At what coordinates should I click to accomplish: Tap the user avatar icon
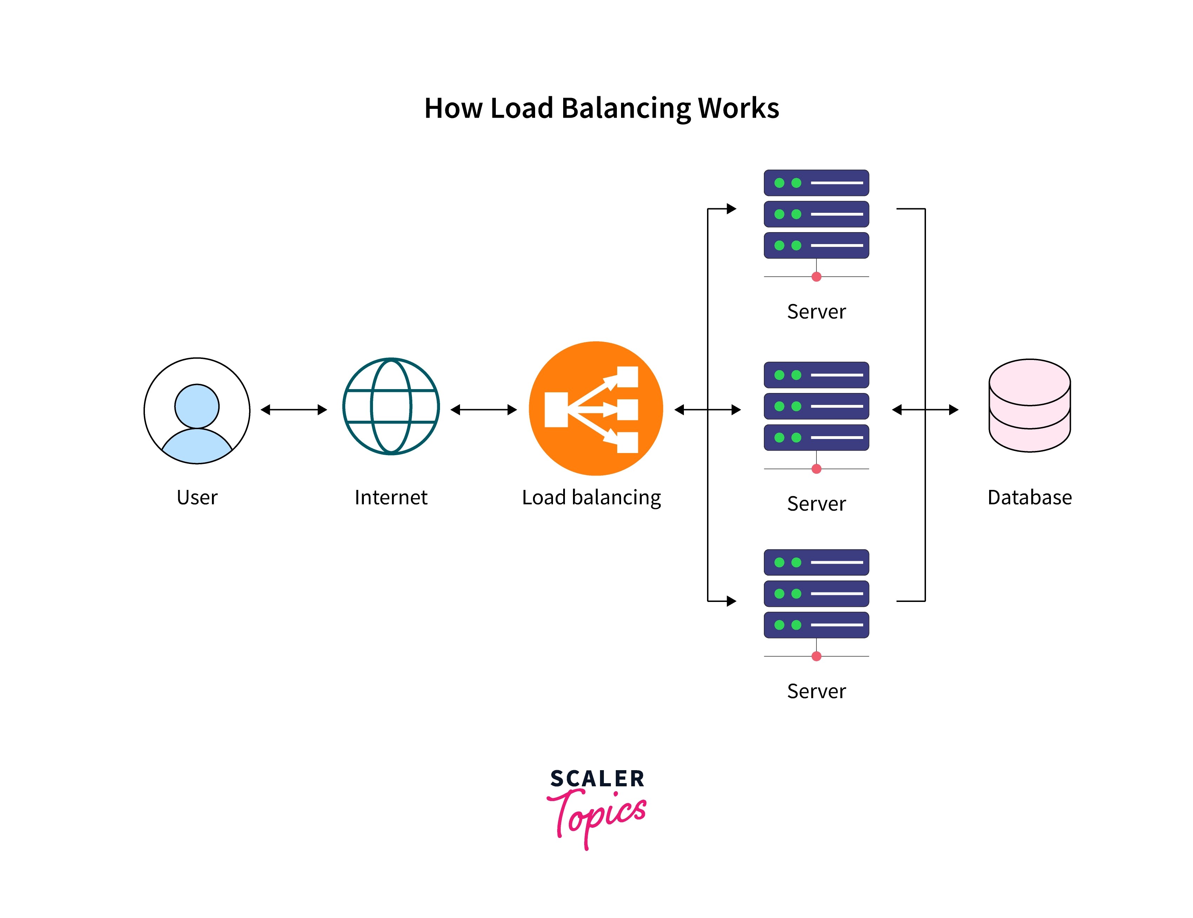[x=196, y=411]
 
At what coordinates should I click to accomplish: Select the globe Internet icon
[x=391, y=406]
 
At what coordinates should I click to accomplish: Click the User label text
[x=196, y=497]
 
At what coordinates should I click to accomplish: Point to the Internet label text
[x=391, y=497]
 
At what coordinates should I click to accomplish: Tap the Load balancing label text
[x=591, y=497]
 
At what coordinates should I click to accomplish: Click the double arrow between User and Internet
[x=293, y=409]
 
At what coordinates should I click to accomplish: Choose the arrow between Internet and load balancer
[x=483, y=409]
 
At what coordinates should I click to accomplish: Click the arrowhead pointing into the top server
[x=731, y=209]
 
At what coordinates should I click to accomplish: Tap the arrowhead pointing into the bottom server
[x=731, y=601]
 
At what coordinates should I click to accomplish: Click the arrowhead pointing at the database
[x=953, y=409]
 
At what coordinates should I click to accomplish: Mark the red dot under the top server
[x=816, y=277]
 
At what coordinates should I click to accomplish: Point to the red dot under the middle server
[x=816, y=469]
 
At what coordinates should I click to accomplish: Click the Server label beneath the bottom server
[x=816, y=691]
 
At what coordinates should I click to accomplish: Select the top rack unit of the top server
[x=816, y=183]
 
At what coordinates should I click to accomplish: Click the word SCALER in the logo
[x=597, y=779]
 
